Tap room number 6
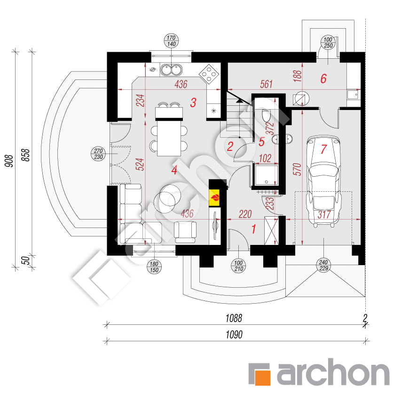pyautogui.click(x=323, y=79)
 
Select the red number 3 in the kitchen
pyautogui.click(x=193, y=103)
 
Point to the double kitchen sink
pyautogui.click(x=172, y=70)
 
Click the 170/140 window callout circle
pyautogui.click(x=171, y=41)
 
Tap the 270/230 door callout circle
pyautogui.click(x=98, y=153)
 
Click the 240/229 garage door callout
pyautogui.click(x=323, y=265)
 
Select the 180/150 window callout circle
pyautogui.click(x=154, y=266)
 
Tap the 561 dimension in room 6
pyautogui.click(x=267, y=84)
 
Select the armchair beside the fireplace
pyautogui.click(x=186, y=231)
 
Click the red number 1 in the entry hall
pyautogui.click(x=254, y=230)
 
